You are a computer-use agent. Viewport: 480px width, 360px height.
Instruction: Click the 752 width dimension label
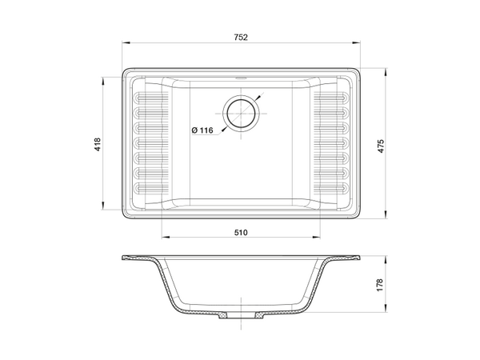241,38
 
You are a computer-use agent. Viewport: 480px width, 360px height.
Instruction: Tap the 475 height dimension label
381,146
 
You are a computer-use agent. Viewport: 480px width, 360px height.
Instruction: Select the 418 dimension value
98,145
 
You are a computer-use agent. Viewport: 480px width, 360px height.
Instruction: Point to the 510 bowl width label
241,233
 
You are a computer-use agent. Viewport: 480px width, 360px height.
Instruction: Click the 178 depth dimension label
380,285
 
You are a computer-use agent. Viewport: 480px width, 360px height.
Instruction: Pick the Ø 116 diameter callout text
202,130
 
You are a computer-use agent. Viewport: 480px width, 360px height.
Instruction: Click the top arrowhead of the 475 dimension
386,72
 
